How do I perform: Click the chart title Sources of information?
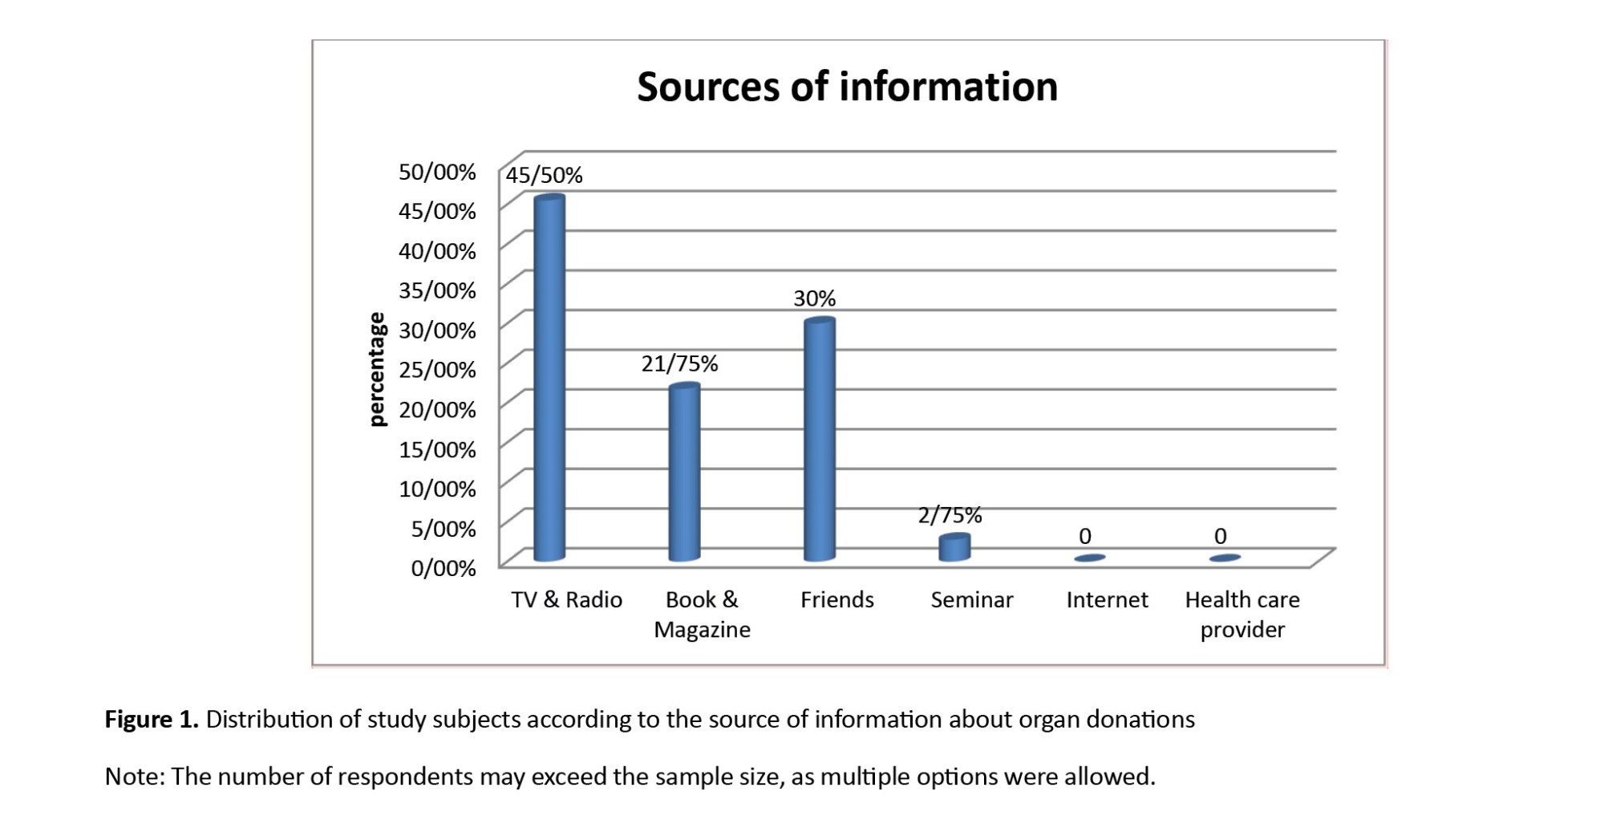(847, 87)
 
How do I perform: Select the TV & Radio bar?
(549, 377)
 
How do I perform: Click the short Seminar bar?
(954, 547)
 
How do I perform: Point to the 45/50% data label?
(544, 175)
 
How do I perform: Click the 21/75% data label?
(679, 364)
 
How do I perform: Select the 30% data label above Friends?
(814, 298)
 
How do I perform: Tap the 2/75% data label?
(950, 515)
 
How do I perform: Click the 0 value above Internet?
(1085, 536)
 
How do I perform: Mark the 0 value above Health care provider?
(1220, 536)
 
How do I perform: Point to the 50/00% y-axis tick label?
(437, 172)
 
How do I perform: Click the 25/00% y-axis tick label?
(437, 370)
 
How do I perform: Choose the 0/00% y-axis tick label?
(443, 568)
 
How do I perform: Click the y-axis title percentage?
(376, 369)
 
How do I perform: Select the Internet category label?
(1107, 600)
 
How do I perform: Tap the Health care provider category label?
(1242, 615)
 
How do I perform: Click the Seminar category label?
(971, 600)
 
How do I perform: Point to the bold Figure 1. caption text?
(152, 720)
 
